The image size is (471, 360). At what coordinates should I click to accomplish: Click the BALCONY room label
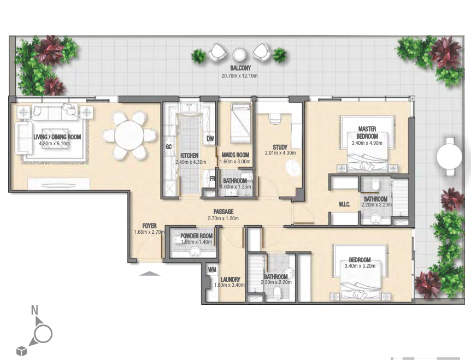(x=240, y=68)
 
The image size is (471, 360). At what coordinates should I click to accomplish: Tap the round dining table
(x=129, y=135)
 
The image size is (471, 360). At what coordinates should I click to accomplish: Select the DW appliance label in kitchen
(x=210, y=138)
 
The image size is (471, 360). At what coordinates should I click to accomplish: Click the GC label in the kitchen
(x=169, y=146)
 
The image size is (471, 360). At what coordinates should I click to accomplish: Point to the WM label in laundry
(x=212, y=270)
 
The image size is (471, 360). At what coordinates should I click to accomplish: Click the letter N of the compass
(x=35, y=310)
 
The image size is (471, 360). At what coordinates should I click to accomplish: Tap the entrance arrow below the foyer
(x=150, y=273)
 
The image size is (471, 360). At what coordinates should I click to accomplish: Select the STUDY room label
(x=280, y=147)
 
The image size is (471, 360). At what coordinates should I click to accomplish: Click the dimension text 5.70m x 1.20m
(x=223, y=219)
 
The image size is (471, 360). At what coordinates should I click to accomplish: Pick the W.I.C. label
(x=345, y=204)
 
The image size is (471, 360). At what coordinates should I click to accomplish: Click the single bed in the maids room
(x=240, y=123)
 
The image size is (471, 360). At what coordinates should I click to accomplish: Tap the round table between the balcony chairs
(x=239, y=55)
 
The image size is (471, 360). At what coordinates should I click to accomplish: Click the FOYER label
(x=149, y=226)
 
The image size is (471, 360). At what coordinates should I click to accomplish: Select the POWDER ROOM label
(x=197, y=236)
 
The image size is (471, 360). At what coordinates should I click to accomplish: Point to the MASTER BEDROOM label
(x=367, y=132)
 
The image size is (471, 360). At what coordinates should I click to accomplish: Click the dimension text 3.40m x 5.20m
(x=360, y=265)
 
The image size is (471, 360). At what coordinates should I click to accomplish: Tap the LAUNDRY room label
(x=231, y=280)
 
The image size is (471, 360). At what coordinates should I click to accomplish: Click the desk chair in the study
(x=275, y=119)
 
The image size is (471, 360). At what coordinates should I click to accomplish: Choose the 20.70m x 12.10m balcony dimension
(x=239, y=76)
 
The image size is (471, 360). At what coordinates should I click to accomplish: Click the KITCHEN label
(x=189, y=156)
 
